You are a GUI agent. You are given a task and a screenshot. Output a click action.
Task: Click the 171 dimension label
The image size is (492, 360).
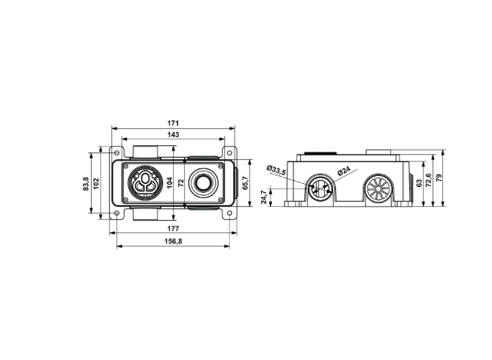pos(173,123)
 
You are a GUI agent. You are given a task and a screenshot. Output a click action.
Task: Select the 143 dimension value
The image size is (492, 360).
pos(173,135)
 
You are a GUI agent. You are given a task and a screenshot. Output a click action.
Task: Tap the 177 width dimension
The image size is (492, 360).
pos(173,228)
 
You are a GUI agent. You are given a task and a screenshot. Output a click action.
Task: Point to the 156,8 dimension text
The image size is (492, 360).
pos(173,241)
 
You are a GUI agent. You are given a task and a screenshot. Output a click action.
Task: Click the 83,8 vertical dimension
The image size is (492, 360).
pos(86,184)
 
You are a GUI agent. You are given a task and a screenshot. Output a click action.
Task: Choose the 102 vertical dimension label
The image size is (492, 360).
pos(96,183)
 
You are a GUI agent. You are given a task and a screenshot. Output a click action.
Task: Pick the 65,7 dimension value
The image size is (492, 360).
pos(246,183)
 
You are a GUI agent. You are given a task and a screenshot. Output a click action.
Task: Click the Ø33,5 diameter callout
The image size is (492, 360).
pos(276,170)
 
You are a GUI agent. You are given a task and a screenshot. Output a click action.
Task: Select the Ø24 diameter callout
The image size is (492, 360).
pos(344,171)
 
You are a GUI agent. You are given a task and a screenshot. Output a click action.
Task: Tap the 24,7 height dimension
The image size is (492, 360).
pos(264,197)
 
